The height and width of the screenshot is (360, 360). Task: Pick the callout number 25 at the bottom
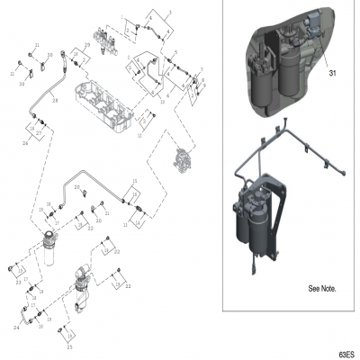coord(68,346)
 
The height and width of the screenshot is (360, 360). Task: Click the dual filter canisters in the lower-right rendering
coord(256,216)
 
